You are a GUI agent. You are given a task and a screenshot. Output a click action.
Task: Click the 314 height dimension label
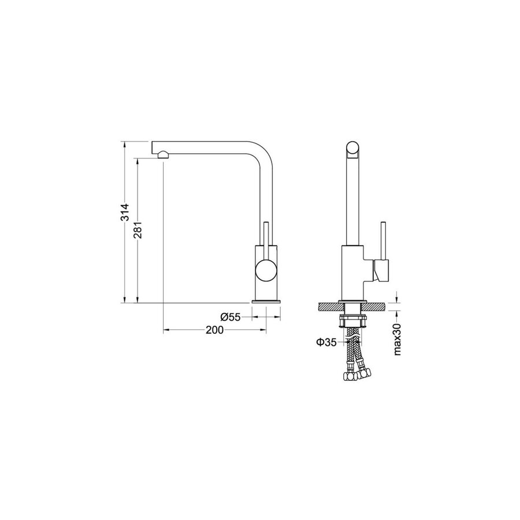(x=125, y=212)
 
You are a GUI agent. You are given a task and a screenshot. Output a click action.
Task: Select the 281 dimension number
(x=138, y=230)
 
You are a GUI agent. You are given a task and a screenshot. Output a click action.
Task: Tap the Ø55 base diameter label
(x=231, y=317)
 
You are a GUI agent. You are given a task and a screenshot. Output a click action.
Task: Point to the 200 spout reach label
(x=214, y=330)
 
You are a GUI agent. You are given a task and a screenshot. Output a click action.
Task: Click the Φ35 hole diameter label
(x=326, y=342)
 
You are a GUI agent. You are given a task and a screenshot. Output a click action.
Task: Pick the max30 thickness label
(x=398, y=340)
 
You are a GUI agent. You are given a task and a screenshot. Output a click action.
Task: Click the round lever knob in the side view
(x=266, y=270)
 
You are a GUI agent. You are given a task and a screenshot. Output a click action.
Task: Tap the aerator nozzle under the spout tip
(x=163, y=154)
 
